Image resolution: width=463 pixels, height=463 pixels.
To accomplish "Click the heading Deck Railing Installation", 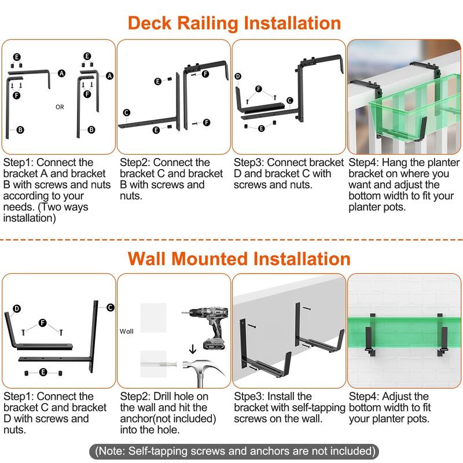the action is click(x=234, y=23).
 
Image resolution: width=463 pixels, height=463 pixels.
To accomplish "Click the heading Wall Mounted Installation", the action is click(x=239, y=259).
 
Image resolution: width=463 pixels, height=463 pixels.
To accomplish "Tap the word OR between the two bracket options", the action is click(x=60, y=107).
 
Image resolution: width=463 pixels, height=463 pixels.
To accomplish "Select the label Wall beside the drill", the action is click(x=126, y=331).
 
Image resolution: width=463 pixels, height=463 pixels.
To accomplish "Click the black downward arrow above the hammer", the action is click(x=193, y=349).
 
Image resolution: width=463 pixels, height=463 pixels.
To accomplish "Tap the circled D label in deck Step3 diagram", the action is click(x=238, y=76).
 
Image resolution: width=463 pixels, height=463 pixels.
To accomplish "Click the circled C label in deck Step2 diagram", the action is click(x=127, y=112).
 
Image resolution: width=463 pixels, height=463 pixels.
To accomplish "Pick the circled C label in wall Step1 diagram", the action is click(x=111, y=307).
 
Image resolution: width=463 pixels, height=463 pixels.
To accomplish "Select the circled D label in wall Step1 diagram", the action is click(x=17, y=308).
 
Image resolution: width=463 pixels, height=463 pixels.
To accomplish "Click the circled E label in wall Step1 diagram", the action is click(x=43, y=372).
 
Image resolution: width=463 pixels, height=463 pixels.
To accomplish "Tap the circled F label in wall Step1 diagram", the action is click(x=43, y=323).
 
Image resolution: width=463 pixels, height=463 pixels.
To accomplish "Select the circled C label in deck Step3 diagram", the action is click(x=290, y=100).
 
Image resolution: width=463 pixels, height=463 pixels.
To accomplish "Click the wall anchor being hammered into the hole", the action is click(x=160, y=364).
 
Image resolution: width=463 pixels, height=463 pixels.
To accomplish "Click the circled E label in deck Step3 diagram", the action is click(x=262, y=128).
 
